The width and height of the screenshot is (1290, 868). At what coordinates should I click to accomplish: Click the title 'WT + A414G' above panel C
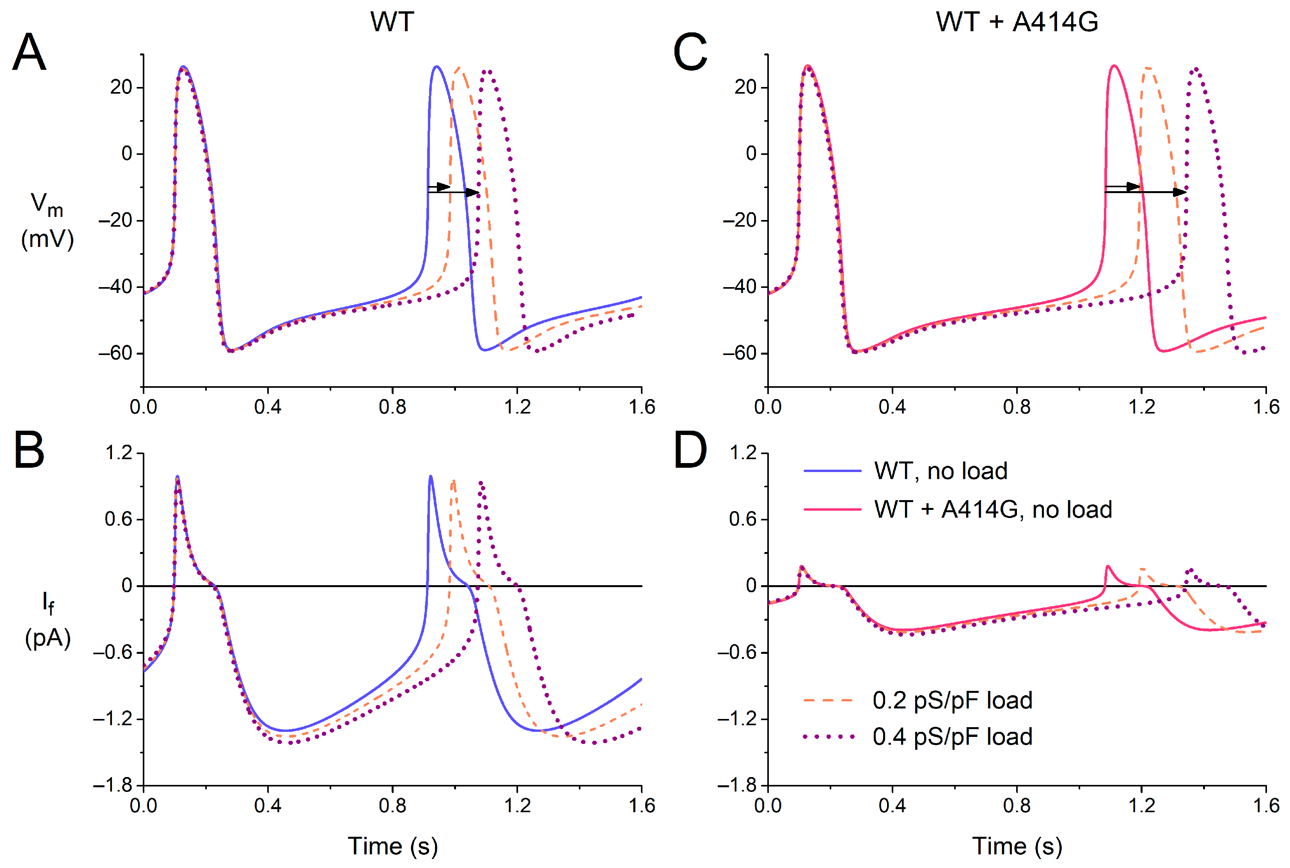pos(1017,22)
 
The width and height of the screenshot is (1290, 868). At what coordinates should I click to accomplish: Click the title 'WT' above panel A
pos(392,22)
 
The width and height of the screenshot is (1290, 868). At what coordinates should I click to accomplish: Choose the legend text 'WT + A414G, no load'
pos(993,509)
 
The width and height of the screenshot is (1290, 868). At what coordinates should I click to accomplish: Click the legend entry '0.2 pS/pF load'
pos(952,700)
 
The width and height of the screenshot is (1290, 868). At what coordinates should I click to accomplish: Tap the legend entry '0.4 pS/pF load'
pos(952,737)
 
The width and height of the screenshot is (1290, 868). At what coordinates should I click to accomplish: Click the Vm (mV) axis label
pos(47,222)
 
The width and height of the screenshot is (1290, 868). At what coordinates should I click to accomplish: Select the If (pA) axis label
pos(48,620)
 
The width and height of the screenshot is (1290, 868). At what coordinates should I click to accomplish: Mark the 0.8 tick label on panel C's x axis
pos(1017,407)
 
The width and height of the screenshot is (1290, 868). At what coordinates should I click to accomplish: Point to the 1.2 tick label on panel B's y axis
pos(119,453)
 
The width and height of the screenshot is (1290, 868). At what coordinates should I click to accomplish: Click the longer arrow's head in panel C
pos(1180,192)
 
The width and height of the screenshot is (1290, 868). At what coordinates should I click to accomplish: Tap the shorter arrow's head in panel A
pos(444,186)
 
